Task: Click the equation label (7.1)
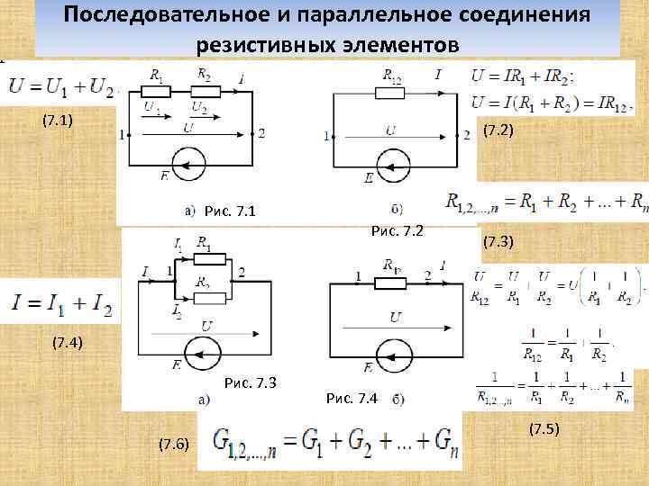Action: pos(58,121)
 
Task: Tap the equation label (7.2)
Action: pos(498,131)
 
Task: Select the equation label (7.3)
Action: pos(498,242)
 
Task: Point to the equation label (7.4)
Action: pos(67,343)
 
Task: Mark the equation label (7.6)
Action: pos(174,444)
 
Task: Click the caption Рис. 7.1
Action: pos(231,211)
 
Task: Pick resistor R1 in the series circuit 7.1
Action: pos(160,91)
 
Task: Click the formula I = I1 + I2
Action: pos(62,303)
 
